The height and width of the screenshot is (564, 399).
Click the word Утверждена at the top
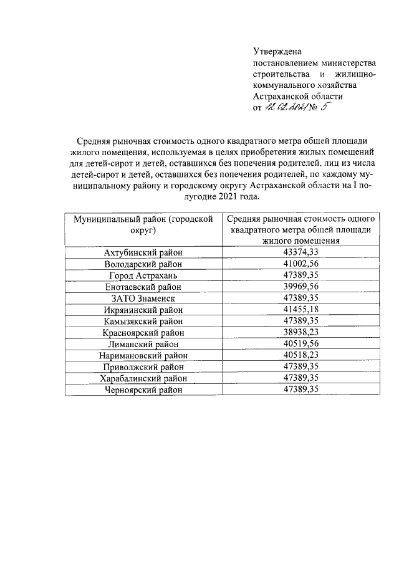coord(277,52)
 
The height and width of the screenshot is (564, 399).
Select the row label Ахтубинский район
coord(143,252)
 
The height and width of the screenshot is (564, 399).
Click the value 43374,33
coord(300,252)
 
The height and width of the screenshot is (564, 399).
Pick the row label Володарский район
coord(143,264)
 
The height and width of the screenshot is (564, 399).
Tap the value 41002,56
coord(300,264)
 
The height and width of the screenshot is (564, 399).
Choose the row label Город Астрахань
coord(143,275)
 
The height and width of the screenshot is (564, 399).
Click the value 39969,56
coord(300,287)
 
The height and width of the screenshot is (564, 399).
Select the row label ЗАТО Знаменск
coord(143,298)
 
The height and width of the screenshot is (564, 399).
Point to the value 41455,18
coord(300,310)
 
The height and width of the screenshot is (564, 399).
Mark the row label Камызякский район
coord(143,321)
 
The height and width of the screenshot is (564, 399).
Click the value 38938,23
coord(300,333)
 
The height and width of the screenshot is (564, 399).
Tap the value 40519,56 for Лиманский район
coord(300,344)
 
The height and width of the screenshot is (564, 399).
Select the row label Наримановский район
coord(143,356)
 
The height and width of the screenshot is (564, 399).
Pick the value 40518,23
coord(300,356)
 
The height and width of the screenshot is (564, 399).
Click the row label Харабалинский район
coord(143,378)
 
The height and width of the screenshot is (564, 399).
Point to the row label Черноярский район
coord(143,390)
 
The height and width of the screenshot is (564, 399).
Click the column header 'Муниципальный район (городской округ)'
coord(143,225)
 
